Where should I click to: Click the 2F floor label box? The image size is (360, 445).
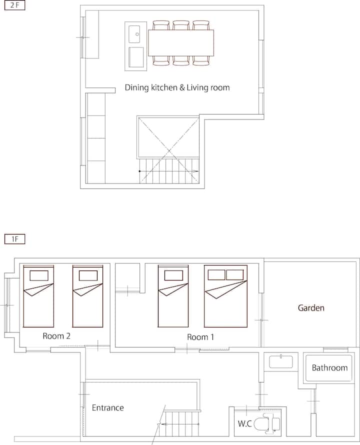pos(15,5)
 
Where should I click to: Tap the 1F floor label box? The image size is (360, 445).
pos(15,239)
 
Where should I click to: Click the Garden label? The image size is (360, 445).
pos(311,308)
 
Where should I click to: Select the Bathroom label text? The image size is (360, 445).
pos(329,368)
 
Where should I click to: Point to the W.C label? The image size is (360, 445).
pos(244,423)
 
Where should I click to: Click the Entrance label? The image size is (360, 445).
pos(108,408)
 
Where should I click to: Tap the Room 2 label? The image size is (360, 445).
pos(56,336)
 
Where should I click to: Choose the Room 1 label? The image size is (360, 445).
pos(200,337)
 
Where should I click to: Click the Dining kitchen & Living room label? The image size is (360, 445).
pos(177,87)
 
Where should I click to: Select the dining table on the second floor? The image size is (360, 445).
pos(181,43)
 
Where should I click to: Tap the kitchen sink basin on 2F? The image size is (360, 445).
pos(134,34)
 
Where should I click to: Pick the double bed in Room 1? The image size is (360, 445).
pos(225,296)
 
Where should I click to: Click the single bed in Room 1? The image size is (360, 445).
pos(173,296)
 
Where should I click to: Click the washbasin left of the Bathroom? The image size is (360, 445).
pos(281,361)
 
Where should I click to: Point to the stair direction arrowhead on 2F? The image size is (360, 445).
pos(196,171)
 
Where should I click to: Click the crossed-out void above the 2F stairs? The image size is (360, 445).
pos(168,137)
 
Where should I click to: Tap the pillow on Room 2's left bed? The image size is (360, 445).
pos(39,275)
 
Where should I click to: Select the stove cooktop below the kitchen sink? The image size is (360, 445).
pos(136,57)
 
